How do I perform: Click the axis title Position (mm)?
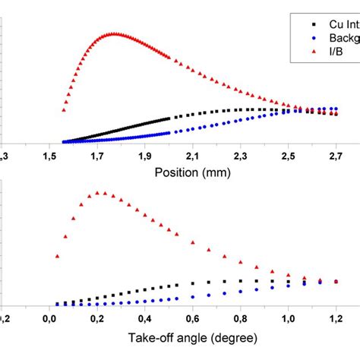(193, 172)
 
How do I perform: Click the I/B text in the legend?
(329, 49)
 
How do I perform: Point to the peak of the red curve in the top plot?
(114, 33)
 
